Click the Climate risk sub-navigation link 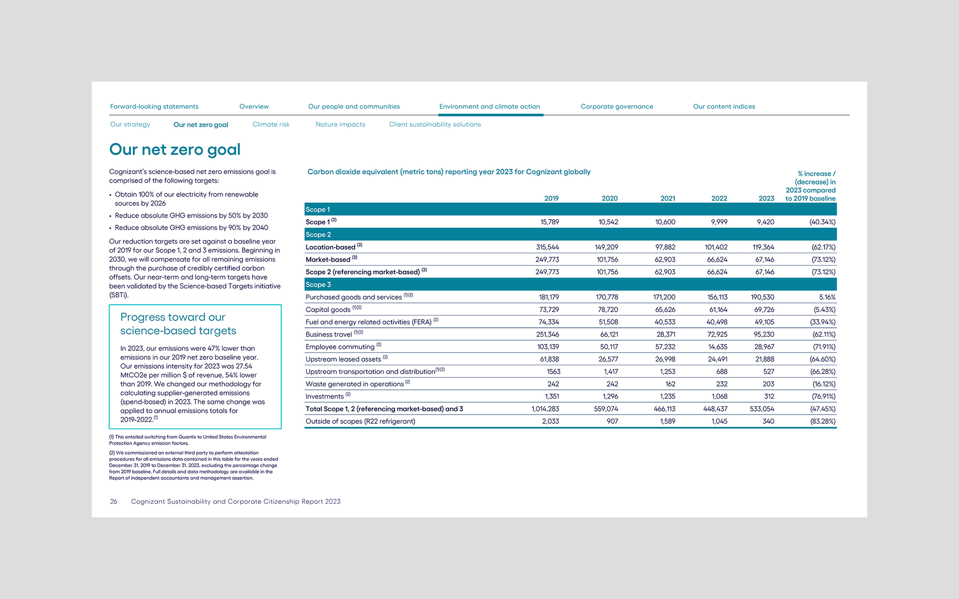(271, 124)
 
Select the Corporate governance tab (617, 107)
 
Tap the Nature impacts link (340, 124)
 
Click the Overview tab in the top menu (254, 107)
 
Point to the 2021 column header (667, 198)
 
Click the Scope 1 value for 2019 (549, 222)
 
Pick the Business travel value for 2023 (763, 334)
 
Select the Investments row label (324, 396)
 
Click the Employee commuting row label (340, 347)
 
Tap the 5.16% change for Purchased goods (827, 297)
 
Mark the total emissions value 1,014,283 (545, 409)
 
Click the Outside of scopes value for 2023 (768, 421)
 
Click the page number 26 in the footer (114, 502)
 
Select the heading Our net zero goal (175, 150)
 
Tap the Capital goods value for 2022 (718, 309)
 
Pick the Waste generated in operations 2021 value (670, 384)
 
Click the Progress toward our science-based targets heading (178, 324)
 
